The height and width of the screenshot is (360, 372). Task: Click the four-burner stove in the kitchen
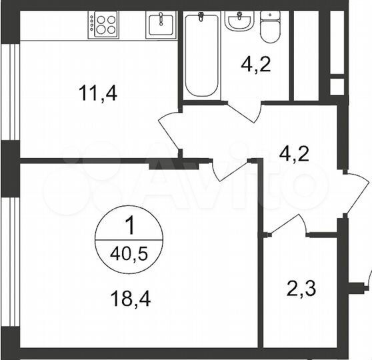103,25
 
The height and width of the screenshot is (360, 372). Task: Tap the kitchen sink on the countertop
160,25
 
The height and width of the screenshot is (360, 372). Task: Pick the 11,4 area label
98,94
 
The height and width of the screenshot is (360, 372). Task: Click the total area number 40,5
129,253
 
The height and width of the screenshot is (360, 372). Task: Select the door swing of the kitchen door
170,130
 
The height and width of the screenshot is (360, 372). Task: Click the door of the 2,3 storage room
287,223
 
